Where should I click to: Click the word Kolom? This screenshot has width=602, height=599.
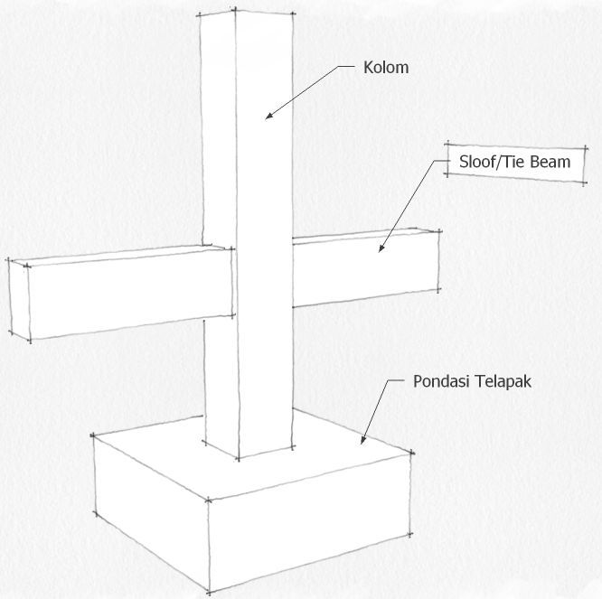(x=386, y=68)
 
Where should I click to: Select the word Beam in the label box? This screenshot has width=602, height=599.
(x=550, y=162)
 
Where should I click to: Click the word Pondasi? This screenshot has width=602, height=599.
(x=441, y=381)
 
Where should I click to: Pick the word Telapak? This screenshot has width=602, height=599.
(x=503, y=382)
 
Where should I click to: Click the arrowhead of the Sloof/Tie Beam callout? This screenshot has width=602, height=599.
(x=381, y=248)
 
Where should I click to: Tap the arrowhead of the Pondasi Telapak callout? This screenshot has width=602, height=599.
(x=362, y=440)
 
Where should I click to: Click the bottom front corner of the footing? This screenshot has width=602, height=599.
(x=209, y=593)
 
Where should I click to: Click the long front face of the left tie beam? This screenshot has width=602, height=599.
(x=130, y=295)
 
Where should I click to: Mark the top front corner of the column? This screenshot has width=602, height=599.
(x=235, y=10)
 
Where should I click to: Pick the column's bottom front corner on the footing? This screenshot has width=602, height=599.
(x=239, y=459)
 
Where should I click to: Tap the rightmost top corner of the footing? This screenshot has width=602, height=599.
(x=412, y=453)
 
